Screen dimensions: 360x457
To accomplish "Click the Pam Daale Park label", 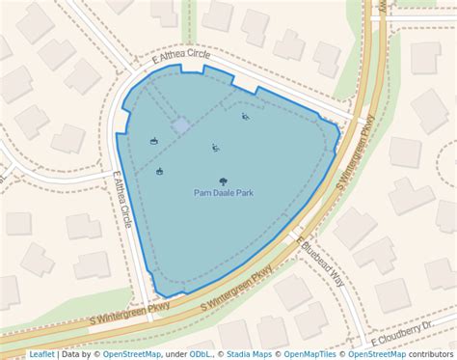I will (224, 193).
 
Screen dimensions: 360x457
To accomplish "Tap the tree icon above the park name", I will (224, 180).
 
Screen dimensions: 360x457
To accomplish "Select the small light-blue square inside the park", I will (180, 125).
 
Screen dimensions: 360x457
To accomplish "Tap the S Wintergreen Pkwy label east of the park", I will (354, 153).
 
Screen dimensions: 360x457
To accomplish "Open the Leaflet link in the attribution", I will (41, 354).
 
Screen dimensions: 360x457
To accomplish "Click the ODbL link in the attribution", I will (201, 354).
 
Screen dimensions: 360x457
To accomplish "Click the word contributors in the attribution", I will (430, 354).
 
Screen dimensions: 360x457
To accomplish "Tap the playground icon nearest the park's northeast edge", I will (245, 117).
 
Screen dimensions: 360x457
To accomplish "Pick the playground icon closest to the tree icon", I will (215, 148).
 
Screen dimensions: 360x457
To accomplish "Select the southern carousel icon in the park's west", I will (159, 172).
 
